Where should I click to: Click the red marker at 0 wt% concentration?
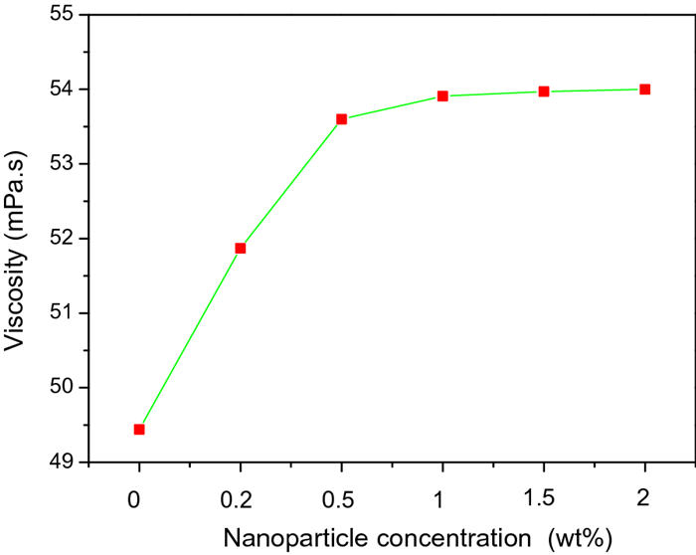(x=139, y=430)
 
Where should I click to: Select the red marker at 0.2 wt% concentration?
(x=241, y=248)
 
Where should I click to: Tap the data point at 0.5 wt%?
(x=341, y=119)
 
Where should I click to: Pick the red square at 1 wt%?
(x=442, y=96)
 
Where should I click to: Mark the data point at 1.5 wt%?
(x=544, y=92)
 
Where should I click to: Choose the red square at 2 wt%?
(x=644, y=90)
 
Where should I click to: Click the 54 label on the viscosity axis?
(x=62, y=90)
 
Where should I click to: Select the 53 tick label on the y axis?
(x=62, y=164)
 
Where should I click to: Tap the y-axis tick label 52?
(x=62, y=239)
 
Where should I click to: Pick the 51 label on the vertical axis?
(x=62, y=313)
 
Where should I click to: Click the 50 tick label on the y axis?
(x=62, y=387)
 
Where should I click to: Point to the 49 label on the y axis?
(x=62, y=462)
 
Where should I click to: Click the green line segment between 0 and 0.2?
(x=190, y=339)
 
